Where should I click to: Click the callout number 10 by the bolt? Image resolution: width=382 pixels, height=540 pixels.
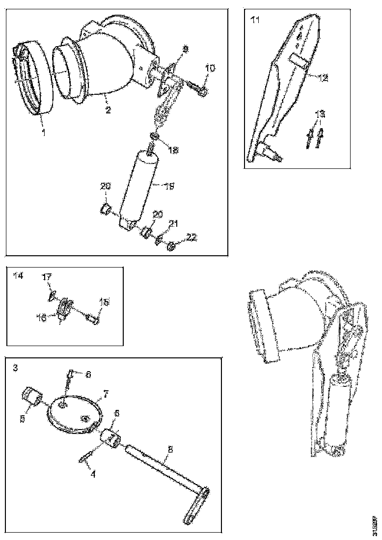pos(210,69)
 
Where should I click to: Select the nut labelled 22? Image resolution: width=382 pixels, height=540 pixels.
pos(171,246)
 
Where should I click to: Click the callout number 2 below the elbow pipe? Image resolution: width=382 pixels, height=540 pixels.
pos(108,110)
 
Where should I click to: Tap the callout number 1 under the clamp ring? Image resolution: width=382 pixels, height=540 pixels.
pos(44,133)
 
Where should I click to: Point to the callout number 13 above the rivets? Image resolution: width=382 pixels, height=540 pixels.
pos(320,114)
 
